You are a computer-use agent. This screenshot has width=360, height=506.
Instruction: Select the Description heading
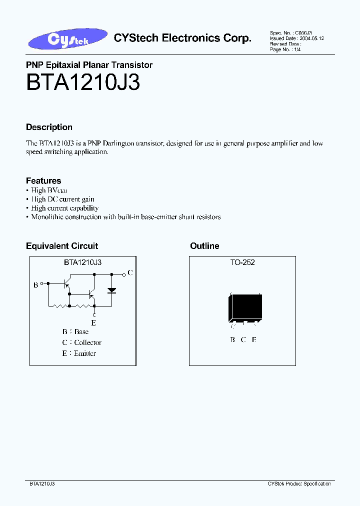click(x=49, y=127)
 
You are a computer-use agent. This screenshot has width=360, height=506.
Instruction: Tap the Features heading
click(x=43, y=180)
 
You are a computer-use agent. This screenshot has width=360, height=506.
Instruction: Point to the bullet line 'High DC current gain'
click(x=62, y=199)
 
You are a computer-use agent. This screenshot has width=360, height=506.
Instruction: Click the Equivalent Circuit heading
click(x=62, y=246)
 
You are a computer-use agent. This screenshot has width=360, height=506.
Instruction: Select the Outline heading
click(x=204, y=246)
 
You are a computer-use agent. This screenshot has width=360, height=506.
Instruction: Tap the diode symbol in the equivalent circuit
click(x=112, y=290)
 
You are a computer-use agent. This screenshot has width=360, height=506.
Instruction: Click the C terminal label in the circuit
click(x=130, y=272)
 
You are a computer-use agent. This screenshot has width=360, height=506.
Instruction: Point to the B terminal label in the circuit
click(x=36, y=285)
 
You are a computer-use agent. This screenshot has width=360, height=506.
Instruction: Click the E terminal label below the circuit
click(x=93, y=323)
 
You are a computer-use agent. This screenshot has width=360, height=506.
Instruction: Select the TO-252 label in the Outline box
click(x=242, y=262)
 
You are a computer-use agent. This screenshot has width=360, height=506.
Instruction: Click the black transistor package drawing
click(x=245, y=308)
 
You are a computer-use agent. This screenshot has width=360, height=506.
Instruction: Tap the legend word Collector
click(x=87, y=342)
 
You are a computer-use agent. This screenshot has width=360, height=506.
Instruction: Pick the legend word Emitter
click(x=84, y=353)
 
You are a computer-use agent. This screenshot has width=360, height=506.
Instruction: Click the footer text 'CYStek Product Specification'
click(x=299, y=484)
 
